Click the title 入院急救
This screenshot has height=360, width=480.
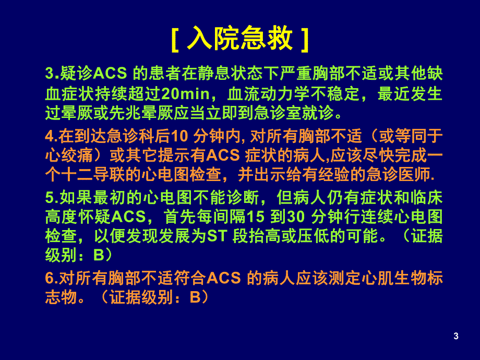239,39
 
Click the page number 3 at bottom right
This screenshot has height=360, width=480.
456,336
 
